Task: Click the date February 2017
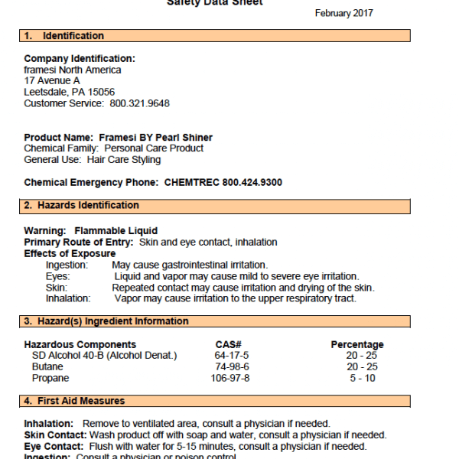point(344,14)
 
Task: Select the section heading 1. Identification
point(63,36)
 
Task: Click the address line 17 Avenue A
point(52,81)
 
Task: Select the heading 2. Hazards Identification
point(81,205)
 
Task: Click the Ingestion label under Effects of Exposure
point(67,265)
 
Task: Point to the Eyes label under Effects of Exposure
point(58,276)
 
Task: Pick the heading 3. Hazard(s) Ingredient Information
point(106,321)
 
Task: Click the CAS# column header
point(229,345)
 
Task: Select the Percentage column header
point(356,345)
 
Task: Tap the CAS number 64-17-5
point(232,356)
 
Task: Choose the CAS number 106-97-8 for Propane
point(232,378)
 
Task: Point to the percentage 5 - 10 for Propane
point(362,378)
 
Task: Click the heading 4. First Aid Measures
point(73,401)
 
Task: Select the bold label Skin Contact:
point(54,435)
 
